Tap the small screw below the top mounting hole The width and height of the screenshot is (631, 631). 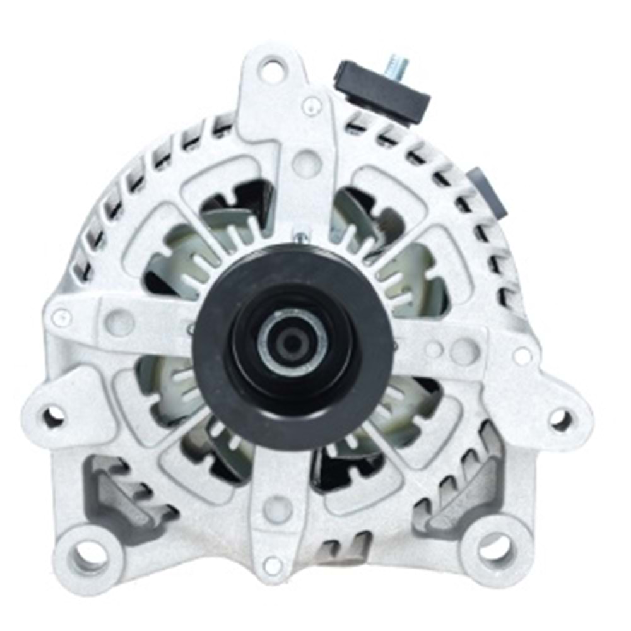click(x=311, y=105)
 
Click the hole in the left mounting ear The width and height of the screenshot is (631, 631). click(x=54, y=416)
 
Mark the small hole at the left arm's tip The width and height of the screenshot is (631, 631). click(x=61, y=318)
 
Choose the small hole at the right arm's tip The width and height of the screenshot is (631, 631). click(x=523, y=356)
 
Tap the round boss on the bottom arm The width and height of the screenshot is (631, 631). click(x=278, y=509)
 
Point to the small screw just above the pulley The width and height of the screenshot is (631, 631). click(x=302, y=237)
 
